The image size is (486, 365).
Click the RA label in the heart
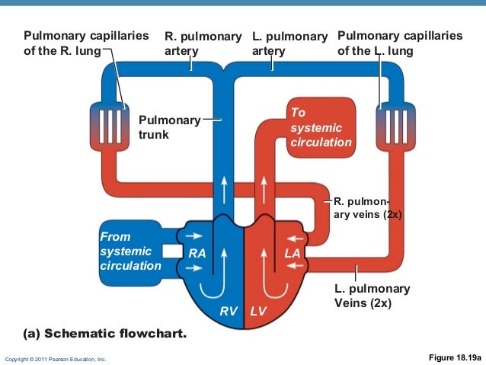point(197,254)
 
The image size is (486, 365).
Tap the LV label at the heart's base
point(259,312)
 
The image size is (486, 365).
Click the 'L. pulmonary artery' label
point(289,43)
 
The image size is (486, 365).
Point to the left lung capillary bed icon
point(392,122)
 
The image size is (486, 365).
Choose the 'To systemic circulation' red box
point(320,127)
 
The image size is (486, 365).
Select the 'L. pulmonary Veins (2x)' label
point(372,296)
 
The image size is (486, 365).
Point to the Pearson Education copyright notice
point(56,358)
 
